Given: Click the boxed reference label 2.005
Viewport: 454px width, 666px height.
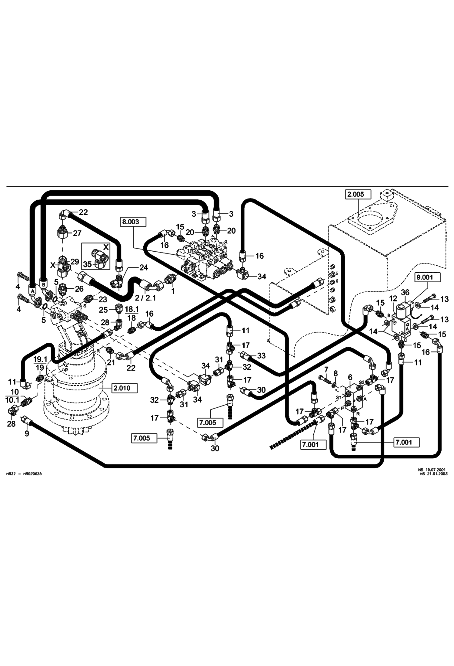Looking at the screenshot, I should pos(356,194).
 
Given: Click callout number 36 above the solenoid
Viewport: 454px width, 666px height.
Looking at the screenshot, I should pos(405,292).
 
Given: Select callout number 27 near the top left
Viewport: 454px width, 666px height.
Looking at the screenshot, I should pos(77,233).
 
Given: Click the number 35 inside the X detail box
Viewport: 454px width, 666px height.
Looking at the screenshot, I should pos(87,264).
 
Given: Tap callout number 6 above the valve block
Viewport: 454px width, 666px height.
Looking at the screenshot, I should pos(350,377).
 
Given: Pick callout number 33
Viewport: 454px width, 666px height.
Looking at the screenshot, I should pos(261,355).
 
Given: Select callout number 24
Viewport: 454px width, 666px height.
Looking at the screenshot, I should pos(143,267).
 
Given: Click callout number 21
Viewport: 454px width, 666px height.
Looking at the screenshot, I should pos(111,362).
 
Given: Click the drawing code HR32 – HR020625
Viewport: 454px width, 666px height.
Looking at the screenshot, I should pos(24,474).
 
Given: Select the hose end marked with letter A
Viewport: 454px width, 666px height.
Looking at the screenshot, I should pos(32,290).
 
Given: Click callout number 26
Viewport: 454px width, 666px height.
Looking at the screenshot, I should pos(79,289).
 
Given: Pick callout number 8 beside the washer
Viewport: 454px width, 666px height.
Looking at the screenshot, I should pos(335,372).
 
